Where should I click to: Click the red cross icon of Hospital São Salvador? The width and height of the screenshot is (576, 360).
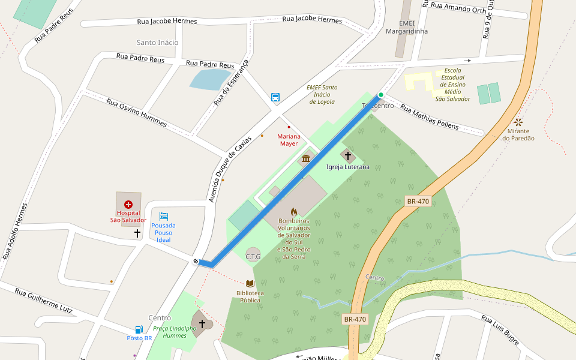coord(128,205)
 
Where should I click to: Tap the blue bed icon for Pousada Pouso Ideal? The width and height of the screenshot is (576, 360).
coord(164,216)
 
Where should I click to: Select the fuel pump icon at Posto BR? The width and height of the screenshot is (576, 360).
coord(139,329)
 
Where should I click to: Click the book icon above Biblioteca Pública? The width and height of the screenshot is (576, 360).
coord(250,283)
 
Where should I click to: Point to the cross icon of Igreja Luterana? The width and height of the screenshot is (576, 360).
coord(347,155)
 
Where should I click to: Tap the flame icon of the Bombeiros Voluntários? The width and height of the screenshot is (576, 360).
coord(293,212)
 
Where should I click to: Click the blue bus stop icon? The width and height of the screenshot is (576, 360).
coord(275,97)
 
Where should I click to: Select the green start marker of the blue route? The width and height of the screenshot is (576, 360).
coord(380,95)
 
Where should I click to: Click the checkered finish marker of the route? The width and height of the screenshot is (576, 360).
coord(196,261)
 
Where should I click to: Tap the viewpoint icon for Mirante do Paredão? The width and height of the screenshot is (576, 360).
coord(518,122)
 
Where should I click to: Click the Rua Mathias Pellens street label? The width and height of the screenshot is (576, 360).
coord(429,118)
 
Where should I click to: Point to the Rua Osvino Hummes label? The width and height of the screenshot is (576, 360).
coord(136,112)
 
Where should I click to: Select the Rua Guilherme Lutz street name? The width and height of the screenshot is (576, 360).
coord(43,301)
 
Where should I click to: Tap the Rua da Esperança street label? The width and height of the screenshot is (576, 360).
coord(230,83)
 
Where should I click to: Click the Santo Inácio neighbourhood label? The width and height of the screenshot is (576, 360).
coord(157,43)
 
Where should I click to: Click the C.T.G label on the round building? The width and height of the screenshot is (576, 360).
coord(253,256)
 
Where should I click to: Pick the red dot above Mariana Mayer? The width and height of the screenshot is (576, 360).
coord(289,127)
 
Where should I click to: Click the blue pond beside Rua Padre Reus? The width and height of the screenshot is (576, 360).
coord(208,79)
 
